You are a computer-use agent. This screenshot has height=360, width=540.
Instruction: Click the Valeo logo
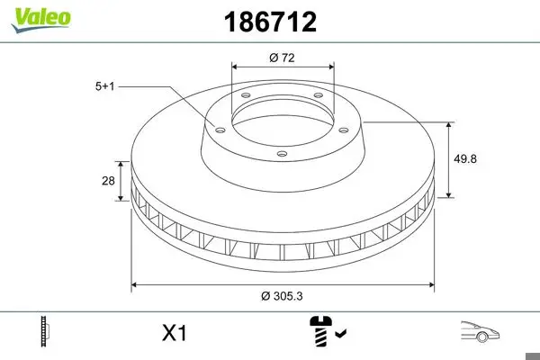pos(41,20)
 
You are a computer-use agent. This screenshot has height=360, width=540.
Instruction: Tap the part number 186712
pos(270,22)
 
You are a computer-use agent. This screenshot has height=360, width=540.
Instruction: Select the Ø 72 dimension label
pos(282,58)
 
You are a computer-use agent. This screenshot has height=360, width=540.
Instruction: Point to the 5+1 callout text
pos(104,86)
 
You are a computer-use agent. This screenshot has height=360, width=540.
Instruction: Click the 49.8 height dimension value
pos(465,158)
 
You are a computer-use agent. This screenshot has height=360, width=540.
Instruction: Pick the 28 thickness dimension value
pos(108,181)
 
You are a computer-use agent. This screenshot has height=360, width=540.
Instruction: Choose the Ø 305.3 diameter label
pos(282,296)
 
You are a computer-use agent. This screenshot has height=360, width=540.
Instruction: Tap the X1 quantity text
pos(175,333)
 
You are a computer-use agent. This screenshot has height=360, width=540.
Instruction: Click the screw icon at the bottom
pos(321,330)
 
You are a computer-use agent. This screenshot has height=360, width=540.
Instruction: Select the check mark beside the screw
pos(341,333)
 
